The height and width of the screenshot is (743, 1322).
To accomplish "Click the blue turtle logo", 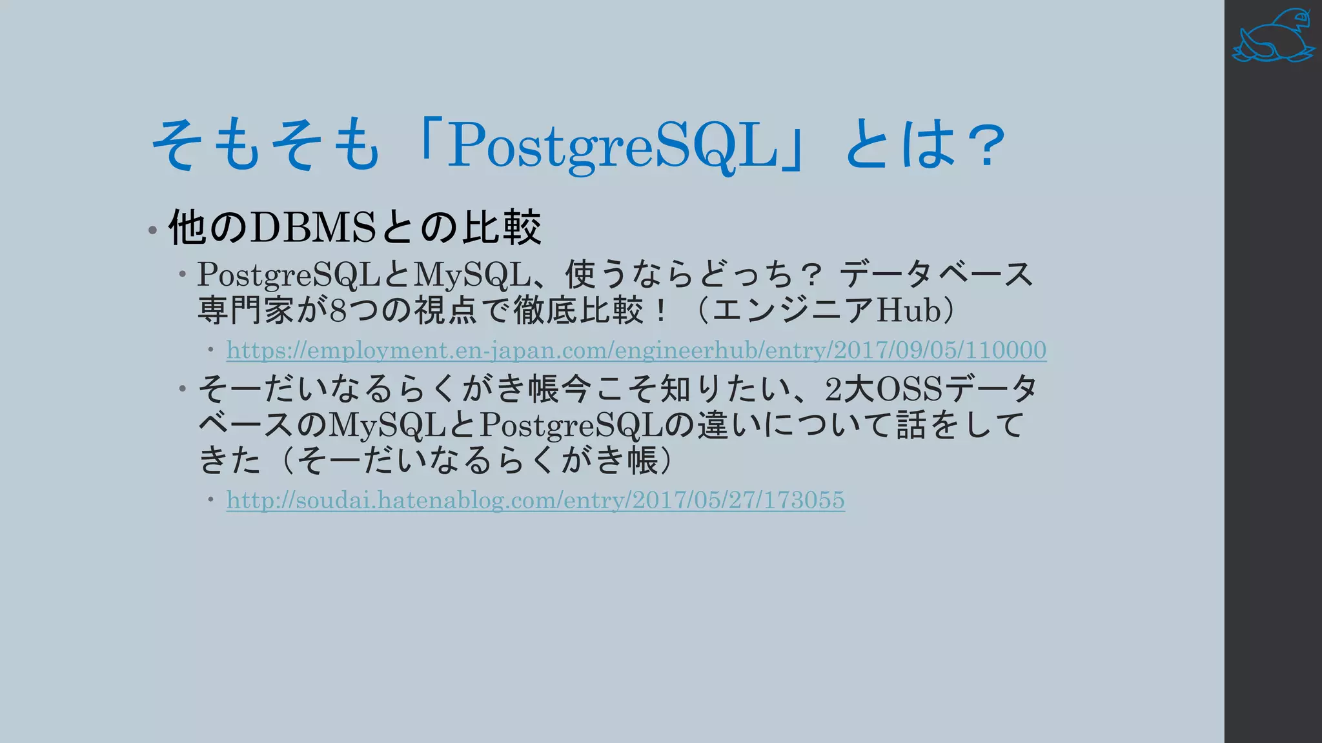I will [x=1272, y=37].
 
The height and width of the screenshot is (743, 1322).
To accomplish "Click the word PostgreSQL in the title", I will [x=613, y=145].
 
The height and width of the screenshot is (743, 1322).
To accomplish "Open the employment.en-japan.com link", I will [x=636, y=350].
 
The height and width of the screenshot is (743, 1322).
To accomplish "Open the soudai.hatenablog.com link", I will [x=535, y=500].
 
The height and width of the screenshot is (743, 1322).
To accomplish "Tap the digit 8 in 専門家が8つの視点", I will [x=338, y=310].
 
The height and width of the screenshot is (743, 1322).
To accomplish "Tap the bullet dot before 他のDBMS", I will [x=152, y=230].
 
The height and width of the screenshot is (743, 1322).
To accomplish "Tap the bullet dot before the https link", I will [x=211, y=350].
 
